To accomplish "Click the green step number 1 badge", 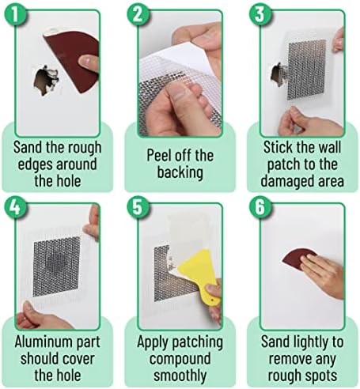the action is coord(15,14).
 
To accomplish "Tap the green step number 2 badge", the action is coord(138,14).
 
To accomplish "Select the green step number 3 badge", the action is coord(260,14).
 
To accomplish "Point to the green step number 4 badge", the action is coord(15,208).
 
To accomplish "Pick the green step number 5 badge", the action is coord(138,208).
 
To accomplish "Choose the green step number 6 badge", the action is coord(260,208).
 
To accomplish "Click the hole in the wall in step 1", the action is coord(45,81).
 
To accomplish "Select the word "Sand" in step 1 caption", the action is coord(28,147).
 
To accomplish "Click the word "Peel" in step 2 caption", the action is coord(159,155).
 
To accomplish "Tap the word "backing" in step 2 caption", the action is coord(180,173).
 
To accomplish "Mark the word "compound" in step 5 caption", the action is coord(180,360).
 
